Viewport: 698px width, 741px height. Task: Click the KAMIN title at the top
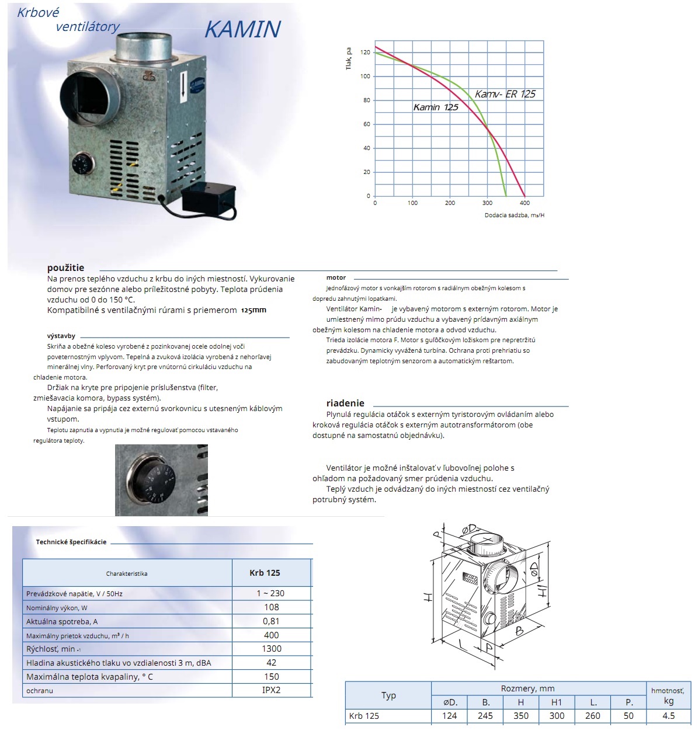tap(242, 29)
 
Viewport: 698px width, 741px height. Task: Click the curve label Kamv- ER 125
tap(505, 94)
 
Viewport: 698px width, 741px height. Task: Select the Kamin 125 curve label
tap(436, 107)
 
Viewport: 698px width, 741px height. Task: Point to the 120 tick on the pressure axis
tap(365, 53)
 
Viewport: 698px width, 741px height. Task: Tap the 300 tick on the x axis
tap(487, 203)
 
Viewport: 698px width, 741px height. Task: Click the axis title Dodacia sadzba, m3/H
tap(514, 215)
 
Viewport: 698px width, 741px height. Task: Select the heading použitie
tap(65, 268)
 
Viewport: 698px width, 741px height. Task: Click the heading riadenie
tap(345, 403)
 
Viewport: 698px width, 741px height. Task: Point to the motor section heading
tap(336, 278)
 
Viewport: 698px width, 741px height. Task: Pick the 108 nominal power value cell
tap(272, 607)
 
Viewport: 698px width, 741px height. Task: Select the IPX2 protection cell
tap(272, 690)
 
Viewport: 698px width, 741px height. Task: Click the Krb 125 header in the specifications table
tap(265, 573)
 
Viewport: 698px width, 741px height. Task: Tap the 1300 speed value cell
tap(272, 649)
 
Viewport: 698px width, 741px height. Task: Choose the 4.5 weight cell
tap(669, 716)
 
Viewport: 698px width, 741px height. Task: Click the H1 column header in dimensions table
tap(557, 702)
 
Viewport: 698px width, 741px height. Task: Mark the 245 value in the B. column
tap(485, 716)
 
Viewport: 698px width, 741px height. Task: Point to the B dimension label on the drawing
tap(519, 631)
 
